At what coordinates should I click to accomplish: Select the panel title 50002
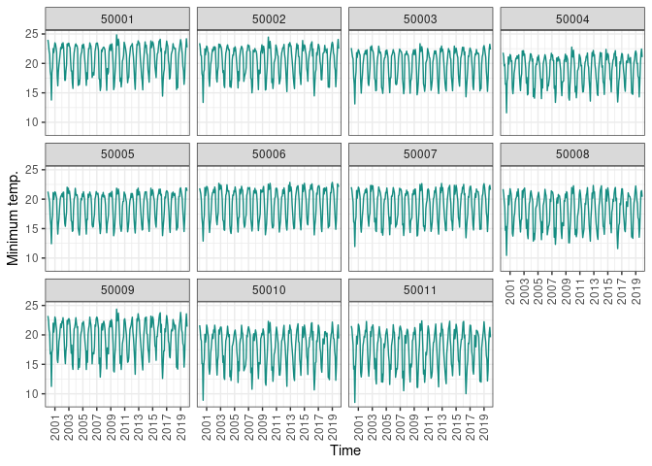[x=269, y=18]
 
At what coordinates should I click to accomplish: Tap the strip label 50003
[x=420, y=18]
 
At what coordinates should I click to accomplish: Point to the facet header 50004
[x=572, y=18]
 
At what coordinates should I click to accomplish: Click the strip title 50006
[x=269, y=153]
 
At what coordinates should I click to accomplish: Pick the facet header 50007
[x=420, y=153]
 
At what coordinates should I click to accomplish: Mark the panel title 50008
[x=572, y=153]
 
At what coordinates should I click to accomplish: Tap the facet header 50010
[x=269, y=289]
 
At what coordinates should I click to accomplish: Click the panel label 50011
[x=420, y=289]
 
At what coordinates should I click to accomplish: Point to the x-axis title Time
[x=345, y=451]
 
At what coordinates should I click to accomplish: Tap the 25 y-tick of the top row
[x=31, y=34]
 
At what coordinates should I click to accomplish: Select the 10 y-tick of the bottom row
[x=31, y=393]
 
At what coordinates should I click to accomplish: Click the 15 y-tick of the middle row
[x=31, y=228]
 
